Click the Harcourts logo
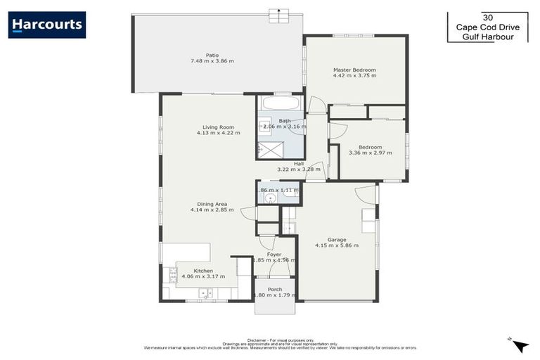[47, 25]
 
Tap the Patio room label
[212, 55]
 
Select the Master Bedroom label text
[354, 70]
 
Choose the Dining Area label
[212, 204]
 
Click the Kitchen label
[203, 271]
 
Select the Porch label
[275, 289]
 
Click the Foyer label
[274, 254]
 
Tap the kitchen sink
[206, 294]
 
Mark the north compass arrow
[520, 345]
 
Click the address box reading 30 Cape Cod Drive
[488, 27]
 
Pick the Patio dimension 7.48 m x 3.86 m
[212, 61]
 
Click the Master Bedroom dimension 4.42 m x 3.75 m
[354, 77]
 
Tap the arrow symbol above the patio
[280, 11]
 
